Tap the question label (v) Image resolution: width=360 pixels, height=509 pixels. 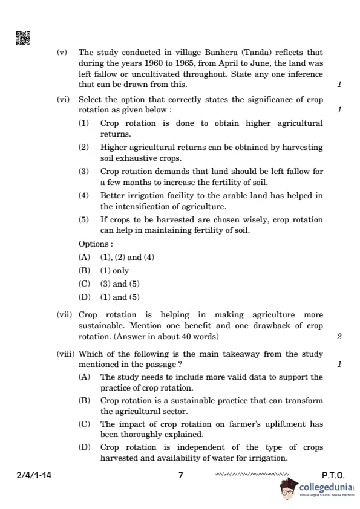click(62, 53)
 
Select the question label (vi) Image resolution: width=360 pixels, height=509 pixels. click(64, 100)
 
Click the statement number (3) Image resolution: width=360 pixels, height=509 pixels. click(83, 172)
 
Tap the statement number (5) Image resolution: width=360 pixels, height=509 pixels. click(83, 220)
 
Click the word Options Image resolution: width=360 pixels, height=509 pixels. click(95, 244)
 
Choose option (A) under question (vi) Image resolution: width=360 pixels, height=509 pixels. click(84, 257)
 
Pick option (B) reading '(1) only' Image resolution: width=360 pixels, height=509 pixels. click(84, 271)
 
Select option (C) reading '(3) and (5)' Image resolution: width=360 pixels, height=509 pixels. click(84, 284)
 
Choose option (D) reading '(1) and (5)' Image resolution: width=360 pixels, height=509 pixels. click(84, 297)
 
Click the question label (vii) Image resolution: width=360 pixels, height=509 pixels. click(64, 315)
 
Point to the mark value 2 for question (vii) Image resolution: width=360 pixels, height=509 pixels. click(339, 336)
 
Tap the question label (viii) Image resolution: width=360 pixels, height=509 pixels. click(65, 354)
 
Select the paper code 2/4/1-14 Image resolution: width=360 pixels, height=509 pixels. click(34, 475)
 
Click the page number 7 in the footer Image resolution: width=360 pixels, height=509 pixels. click(180, 475)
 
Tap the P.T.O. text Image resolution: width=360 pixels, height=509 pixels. click(333, 475)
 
